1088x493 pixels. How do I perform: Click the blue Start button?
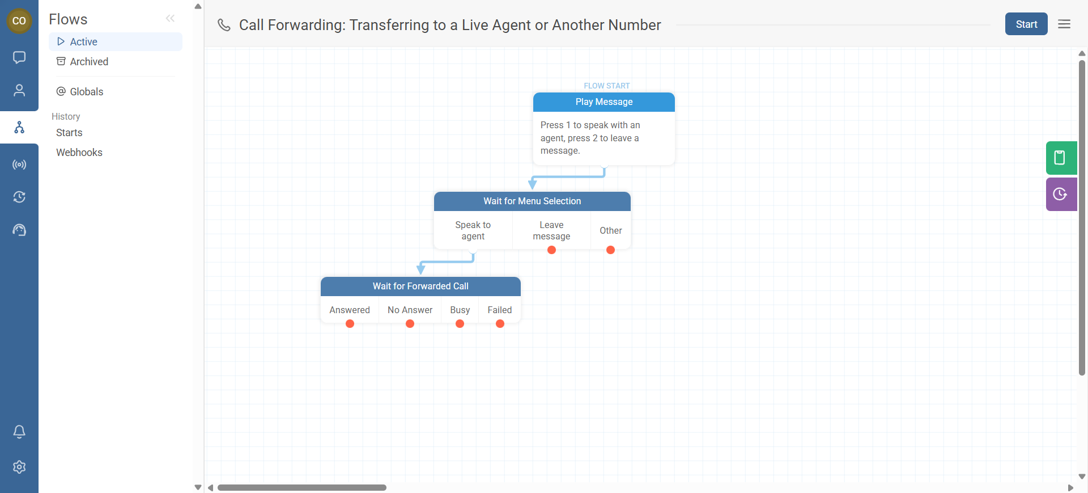click(1026, 24)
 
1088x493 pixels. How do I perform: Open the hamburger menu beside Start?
click(1064, 24)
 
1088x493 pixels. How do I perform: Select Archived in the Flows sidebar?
click(88, 62)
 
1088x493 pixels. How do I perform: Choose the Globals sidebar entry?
click(86, 92)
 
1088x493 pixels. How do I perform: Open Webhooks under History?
click(79, 153)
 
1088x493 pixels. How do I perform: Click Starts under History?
click(69, 133)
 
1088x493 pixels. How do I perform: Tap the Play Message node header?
click(603, 102)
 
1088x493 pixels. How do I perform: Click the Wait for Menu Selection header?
click(532, 201)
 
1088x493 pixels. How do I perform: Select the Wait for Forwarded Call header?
click(420, 286)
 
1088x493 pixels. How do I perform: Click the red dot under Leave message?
click(551, 250)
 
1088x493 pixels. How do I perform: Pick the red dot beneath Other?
click(610, 250)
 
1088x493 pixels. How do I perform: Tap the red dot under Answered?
click(350, 324)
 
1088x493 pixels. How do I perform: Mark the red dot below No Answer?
click(410, 324)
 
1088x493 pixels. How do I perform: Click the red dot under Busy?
click(460, 324)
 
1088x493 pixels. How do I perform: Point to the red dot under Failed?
click(500, 324)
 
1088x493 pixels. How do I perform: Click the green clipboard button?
click(1061, 158)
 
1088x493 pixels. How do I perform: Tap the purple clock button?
click(1061, 195)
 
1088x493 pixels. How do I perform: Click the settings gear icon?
click(19, 467)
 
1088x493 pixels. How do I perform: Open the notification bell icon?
click(19, 432)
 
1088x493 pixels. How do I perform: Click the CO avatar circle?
click(19, 21)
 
